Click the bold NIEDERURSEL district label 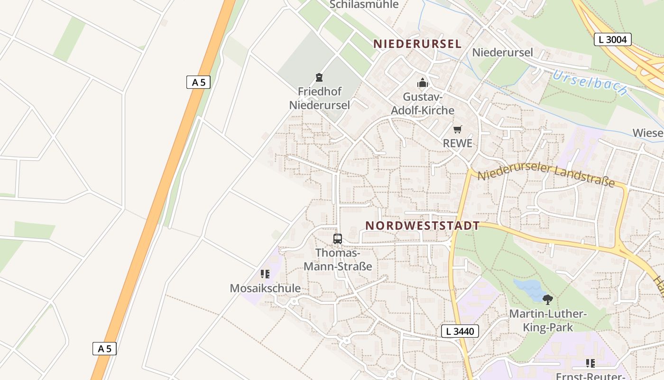coord(417,44)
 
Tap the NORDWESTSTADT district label coord(422,226)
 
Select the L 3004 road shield coord(612,39)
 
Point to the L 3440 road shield coord(460,331)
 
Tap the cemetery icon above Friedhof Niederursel coord(319,77)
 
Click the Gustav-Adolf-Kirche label coord(422,104)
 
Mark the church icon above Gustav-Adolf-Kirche coord(422,83)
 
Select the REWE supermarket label coord(457,143)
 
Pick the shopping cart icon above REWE coord(457,129)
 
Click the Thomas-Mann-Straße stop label coord(338,259)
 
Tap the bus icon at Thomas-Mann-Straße coord(338,239)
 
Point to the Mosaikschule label coord(265,288)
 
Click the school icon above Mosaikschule coord(265,274)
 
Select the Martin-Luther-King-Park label coord(548,321)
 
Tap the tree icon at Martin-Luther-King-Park coord(548,300)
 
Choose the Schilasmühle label coord(364,5)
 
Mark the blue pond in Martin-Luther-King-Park coord(527,288)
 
